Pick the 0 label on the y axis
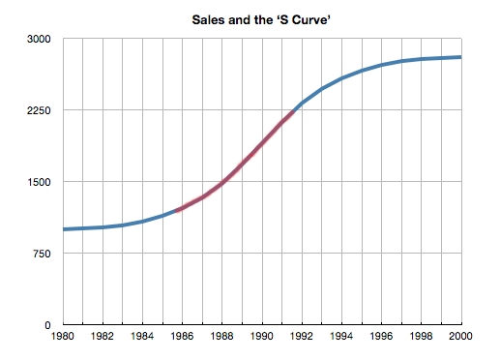49,325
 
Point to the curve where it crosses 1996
381,65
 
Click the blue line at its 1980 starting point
64,229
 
